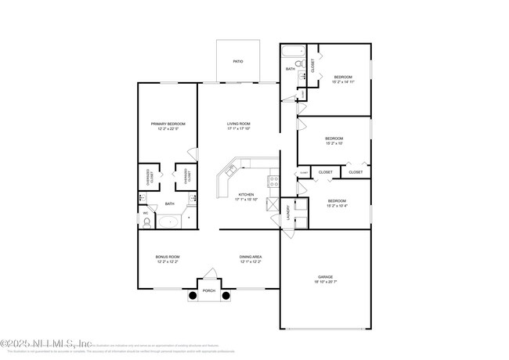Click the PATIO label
pos(237,59)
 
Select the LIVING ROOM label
pos(238,124)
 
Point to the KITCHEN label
pos(246,194)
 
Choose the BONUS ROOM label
pos(168,257)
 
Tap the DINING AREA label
pos(251,257)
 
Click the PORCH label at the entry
pos(208,290)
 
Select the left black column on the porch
pos(192,296)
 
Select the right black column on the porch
pos(226,296)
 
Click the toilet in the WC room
pos(146,222)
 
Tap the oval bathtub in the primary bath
pos(169,222)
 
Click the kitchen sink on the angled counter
pos(232,168)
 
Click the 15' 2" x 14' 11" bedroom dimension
pos(343,81)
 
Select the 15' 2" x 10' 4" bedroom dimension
pos(337,206)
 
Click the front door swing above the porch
pos(209,275)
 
